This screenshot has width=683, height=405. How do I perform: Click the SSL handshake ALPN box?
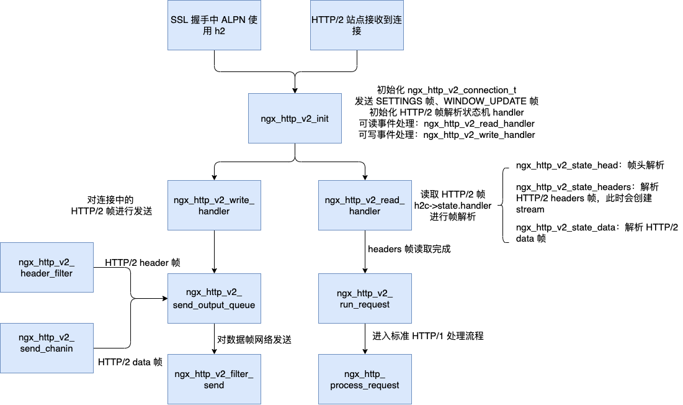click(214, 25)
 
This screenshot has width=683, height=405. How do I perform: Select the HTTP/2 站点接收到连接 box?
click(357, 25)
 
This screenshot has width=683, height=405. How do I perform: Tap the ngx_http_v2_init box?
click(295, 118)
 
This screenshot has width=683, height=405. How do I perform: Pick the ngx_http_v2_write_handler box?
click(214, 205)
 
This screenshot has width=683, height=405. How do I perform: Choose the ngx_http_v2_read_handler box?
click(365, 205)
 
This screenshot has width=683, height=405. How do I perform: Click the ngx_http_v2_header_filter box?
click(47, 267)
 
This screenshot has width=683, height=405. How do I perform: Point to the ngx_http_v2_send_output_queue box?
click(214, 298)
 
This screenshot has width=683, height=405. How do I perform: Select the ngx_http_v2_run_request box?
click(365, 298)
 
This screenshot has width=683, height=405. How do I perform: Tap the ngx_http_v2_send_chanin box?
click(47, 348)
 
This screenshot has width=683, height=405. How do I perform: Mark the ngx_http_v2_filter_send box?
click(214, 379)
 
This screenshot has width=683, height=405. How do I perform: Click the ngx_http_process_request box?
click(365, 379)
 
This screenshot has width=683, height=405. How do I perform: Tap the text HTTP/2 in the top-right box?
click(326, 20)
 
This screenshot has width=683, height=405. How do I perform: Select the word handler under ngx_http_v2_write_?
click(214, 211)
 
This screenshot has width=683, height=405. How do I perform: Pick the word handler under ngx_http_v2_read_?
click(365, 211)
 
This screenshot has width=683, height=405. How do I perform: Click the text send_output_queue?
click(214, 305)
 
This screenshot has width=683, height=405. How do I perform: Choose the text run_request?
click(365, 305)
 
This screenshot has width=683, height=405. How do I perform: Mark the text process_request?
click(365, 385)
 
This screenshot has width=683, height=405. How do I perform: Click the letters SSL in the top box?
click(179, 20)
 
